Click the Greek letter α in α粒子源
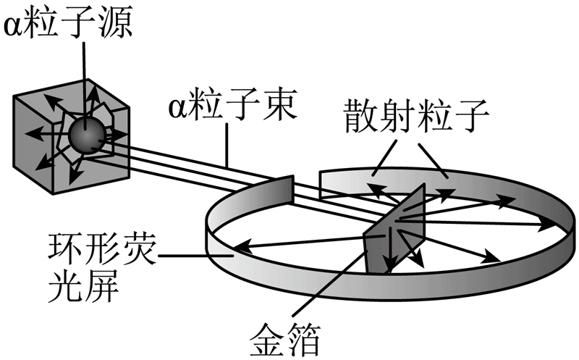pyautogui.click(x=14, y=26)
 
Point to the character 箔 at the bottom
pyautogui.click(x=303, y=337)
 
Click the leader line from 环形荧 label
pyautogui.click(x=195, y=254)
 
